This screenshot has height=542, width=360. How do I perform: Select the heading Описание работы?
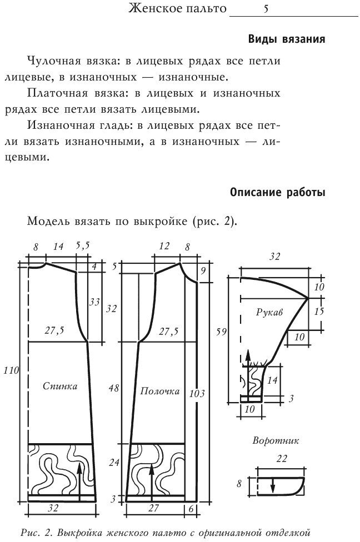point(277,193)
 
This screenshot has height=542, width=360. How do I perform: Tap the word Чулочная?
point(53,60)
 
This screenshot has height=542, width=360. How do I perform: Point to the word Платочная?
point(56,93)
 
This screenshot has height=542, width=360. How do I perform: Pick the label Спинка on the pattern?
point(60,386)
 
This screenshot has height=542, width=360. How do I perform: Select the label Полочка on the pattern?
point(159,391)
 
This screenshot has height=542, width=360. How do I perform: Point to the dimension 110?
point(11,369)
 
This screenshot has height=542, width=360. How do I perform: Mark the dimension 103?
point(197,393)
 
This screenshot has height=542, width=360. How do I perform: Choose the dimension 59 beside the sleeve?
point(221,333)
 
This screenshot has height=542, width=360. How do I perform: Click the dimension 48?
point(113,388)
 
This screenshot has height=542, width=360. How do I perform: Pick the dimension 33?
point(94,302)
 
